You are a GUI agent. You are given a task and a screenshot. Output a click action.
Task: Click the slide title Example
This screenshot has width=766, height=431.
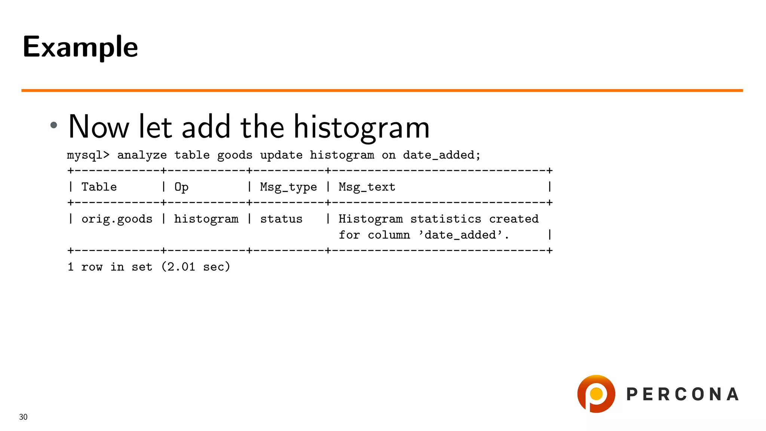(x=80, y=47)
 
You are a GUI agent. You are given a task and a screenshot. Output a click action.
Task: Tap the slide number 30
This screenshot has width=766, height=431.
(x=23, y=417)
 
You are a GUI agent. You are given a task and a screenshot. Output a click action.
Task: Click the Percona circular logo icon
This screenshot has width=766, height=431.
(x=596, y=394)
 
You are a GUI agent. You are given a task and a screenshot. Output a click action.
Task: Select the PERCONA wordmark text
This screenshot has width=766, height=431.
(x=683, y=394)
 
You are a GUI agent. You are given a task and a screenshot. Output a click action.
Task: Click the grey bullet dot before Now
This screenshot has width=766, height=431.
(x=54, y=125)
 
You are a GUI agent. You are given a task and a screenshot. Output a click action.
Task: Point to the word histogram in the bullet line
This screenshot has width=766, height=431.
(x=361, y=127)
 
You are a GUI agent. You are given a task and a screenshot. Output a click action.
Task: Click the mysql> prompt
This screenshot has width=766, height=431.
(x=88, y=155)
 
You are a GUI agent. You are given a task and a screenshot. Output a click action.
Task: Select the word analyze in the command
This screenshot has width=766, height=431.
(x=142, y=155)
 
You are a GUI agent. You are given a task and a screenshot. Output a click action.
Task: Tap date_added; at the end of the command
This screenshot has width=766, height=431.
(x=441, y=155)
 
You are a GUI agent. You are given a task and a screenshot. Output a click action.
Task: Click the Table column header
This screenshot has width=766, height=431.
(x=99, y=187)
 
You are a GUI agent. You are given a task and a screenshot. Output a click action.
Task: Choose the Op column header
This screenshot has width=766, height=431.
(x=181, y=187)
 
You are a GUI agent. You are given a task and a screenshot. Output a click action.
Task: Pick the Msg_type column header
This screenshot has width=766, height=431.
(x=288, y=187)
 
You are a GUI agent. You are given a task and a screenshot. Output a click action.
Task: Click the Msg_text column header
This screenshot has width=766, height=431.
(x=367, y=187)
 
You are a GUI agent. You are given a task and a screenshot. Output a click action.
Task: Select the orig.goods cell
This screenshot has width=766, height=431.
(x=117, y=219)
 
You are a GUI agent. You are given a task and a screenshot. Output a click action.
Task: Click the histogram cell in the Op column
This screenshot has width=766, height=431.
(x=206, y=219)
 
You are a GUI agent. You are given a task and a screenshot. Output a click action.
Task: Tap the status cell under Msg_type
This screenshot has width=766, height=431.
(x=281, y=219)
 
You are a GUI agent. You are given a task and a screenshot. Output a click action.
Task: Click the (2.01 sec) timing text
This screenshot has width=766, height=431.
(x=196, y=267)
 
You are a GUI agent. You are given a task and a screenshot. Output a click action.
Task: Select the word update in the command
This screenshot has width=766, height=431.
(x=281, y=155)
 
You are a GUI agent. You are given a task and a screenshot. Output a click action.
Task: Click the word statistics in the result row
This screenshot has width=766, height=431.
(x=445, y=219)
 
